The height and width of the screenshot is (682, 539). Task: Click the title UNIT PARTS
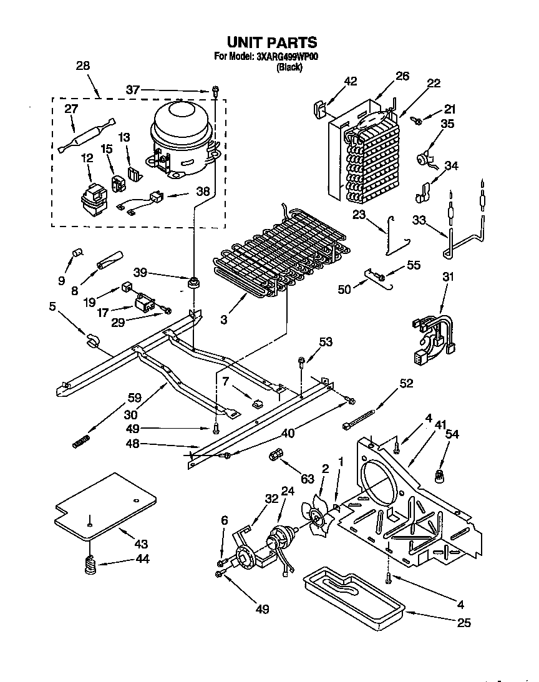click(271, 42)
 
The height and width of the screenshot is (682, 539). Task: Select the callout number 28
click(82, 66)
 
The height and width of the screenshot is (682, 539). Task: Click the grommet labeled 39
click(193, 283)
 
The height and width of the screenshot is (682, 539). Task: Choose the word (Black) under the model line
click(289, 67)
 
